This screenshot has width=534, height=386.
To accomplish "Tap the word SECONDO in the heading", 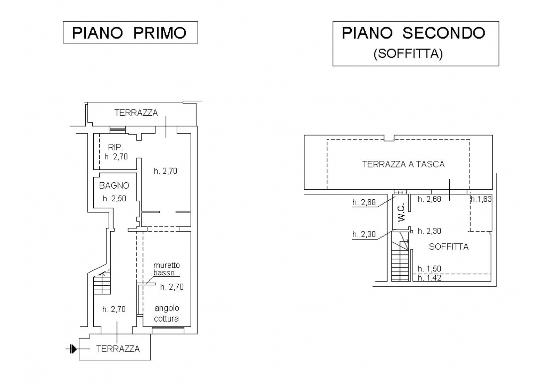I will (444, 33).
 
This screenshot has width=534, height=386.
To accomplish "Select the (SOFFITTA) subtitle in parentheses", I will (408, 54).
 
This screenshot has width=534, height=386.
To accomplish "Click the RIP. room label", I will (116, 147).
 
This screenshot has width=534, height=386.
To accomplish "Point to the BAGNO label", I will (114, 185).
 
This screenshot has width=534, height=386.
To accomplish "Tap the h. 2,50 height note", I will (114, 199).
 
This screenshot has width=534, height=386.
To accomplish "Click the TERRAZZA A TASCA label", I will (403, 164).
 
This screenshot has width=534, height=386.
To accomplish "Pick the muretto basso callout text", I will (166, 269).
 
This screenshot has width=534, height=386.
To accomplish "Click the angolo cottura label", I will (166, 313).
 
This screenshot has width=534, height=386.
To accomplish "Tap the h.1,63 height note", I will (481, 199).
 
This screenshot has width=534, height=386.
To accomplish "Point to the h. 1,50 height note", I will (429, 269).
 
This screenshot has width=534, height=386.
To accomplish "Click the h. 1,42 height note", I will (429, 278).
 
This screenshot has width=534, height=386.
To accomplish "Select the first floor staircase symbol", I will (102, 283).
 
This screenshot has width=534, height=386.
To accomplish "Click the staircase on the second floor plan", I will (400, 261).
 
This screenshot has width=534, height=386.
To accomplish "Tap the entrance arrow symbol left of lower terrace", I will (72, 349).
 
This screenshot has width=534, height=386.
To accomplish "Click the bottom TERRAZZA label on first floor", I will (118, 349).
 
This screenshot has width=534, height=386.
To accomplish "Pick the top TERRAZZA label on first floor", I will (136, 113).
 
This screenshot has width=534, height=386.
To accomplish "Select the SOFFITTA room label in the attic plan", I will (449, 247).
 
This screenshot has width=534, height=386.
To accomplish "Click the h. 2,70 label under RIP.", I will (116, 157).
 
